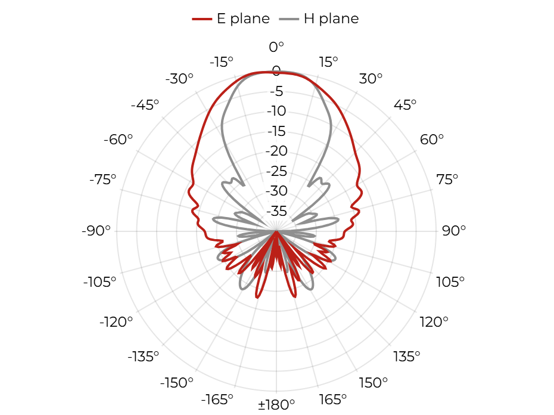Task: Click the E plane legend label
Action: tap(243, 18)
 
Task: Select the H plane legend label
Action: tap(331, 18)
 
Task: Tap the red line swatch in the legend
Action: tap(202, 18)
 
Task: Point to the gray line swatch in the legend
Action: tap(289, 18)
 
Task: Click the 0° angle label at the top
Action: tap(276, 47)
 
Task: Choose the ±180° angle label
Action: tap(276, 404)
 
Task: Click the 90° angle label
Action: tap(454, 231)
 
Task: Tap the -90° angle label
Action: tap(96, 231)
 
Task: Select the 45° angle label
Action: tap(405, 105)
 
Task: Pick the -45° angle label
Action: tap(145, 105)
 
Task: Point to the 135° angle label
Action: tap(407, 357)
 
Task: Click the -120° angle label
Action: tap(116, 322)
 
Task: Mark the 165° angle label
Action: tap(332, 399)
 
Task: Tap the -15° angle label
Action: tap(222, 62)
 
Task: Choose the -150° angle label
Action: tap(177, 382)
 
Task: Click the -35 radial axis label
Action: tap(276, 211)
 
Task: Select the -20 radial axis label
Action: tap(276, 151)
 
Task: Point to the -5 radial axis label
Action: tap(276, 91)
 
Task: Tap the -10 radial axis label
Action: tap(276, 111)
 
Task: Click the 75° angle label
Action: tap(447, 179)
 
